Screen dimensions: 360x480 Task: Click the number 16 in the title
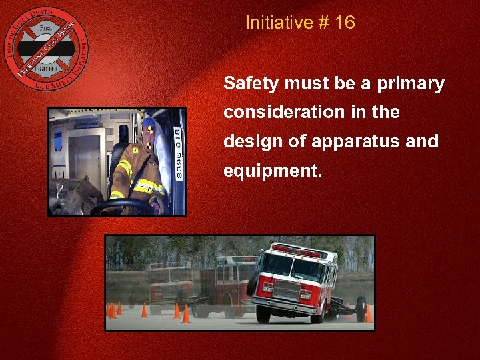coord(345,23)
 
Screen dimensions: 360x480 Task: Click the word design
coord(249,141)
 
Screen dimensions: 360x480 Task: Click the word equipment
coord(272,171)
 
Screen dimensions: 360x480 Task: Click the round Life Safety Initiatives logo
coord(46,48)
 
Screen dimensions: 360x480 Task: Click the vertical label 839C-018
coord(177,153)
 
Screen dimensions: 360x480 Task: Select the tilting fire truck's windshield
coord(293,267)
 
